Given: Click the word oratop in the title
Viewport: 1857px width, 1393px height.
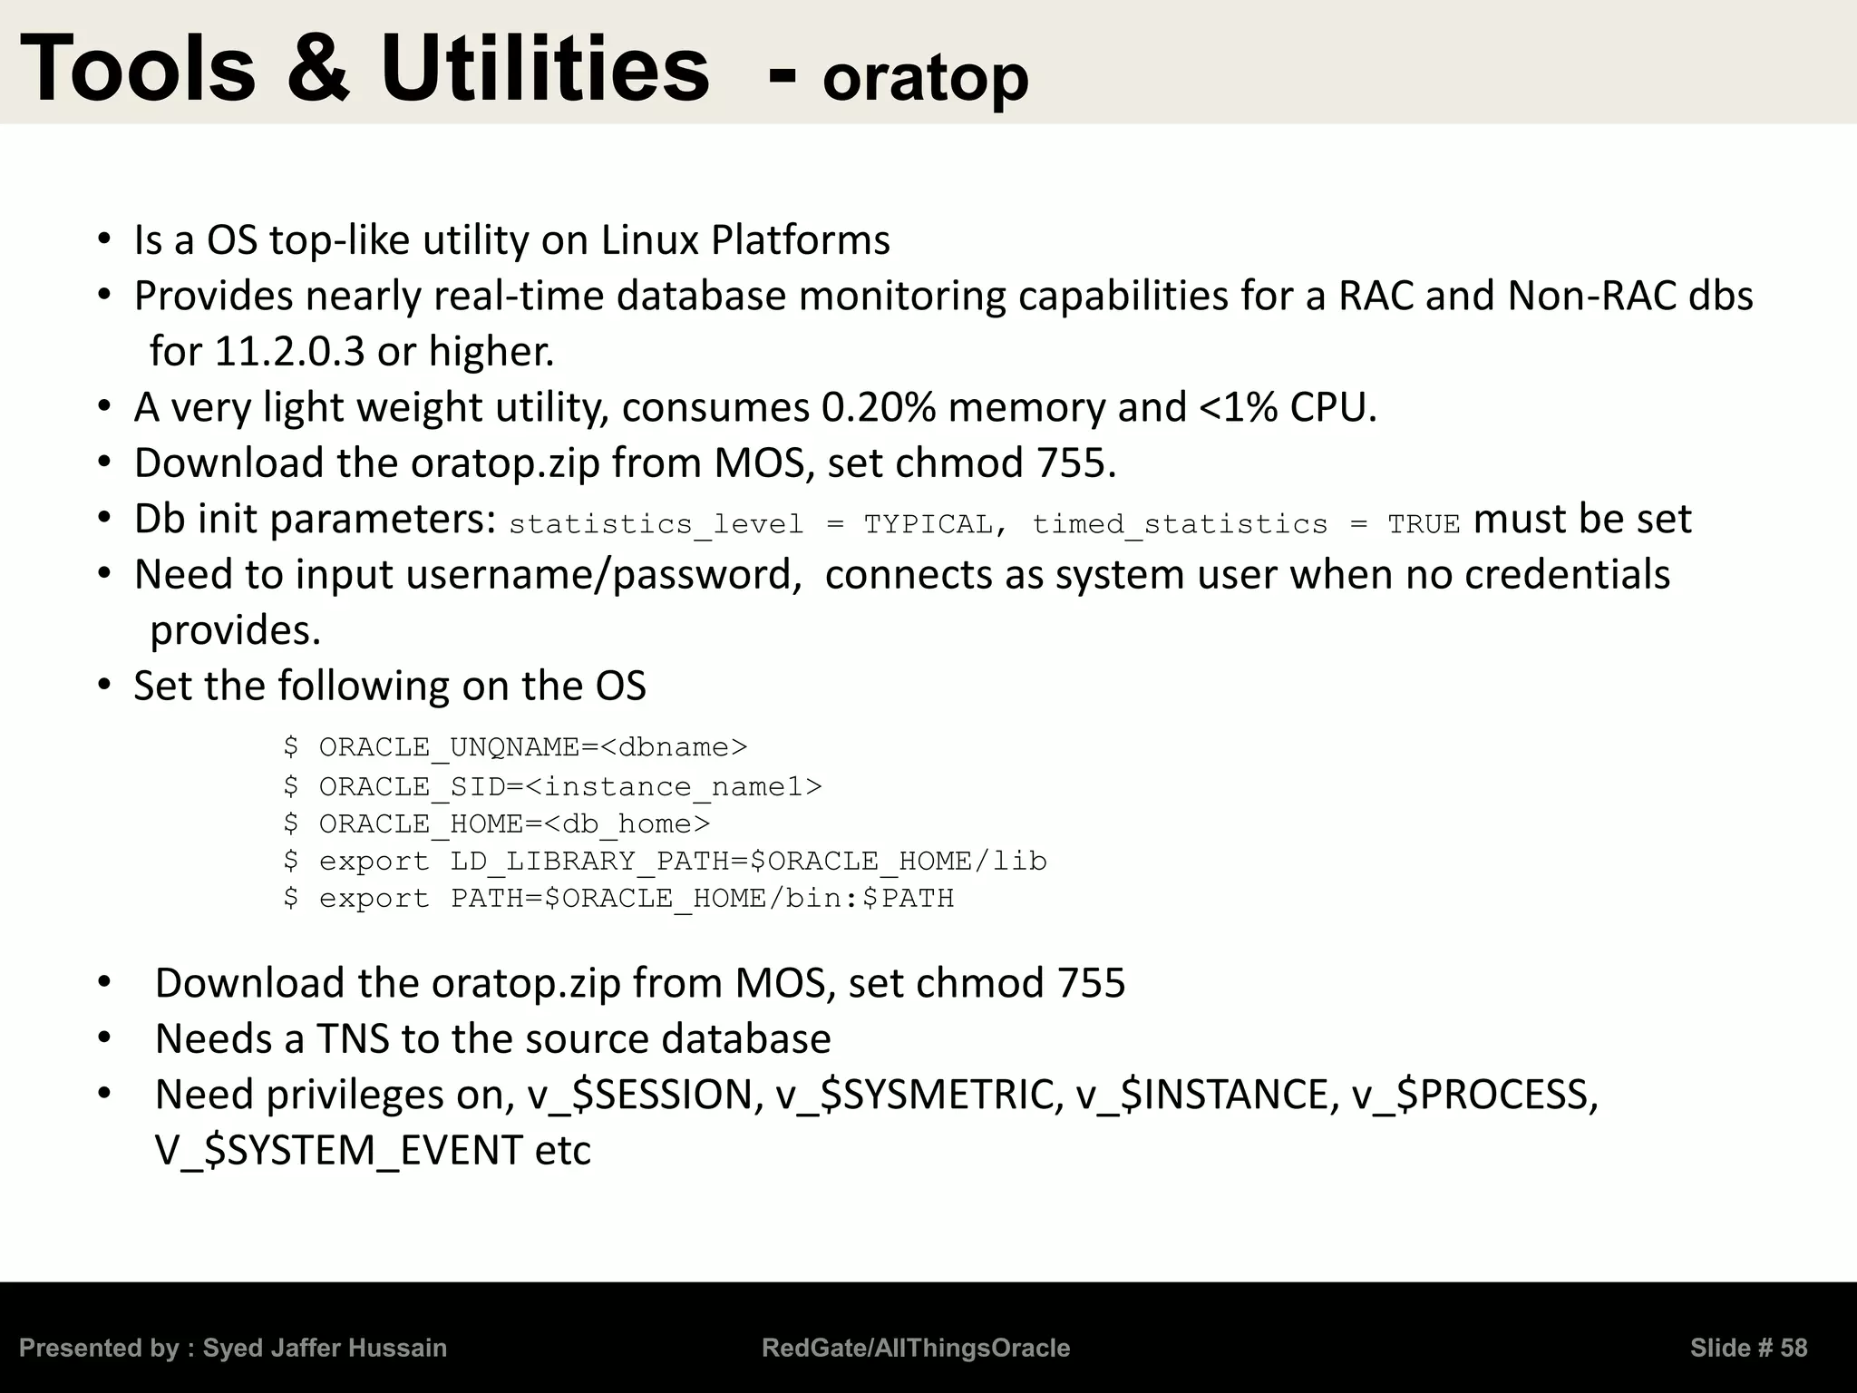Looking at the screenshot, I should (926, 78).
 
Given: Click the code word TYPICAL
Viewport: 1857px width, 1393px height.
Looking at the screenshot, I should (928, 524).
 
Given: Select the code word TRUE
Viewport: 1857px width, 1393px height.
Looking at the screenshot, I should (1424, 524).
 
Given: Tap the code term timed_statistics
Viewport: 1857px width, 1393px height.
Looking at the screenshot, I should (1180, 524).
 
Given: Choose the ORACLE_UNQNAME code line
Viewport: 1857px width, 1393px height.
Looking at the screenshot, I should (515, 747).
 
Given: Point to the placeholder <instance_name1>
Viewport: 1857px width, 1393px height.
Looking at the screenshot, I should (673, 786).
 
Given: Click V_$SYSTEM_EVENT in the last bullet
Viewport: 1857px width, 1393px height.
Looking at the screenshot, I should (338, 1151).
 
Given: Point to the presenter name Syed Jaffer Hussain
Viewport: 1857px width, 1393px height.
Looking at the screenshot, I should (325, 1349).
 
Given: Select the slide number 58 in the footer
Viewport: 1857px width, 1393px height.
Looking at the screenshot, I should (1794, 1349).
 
